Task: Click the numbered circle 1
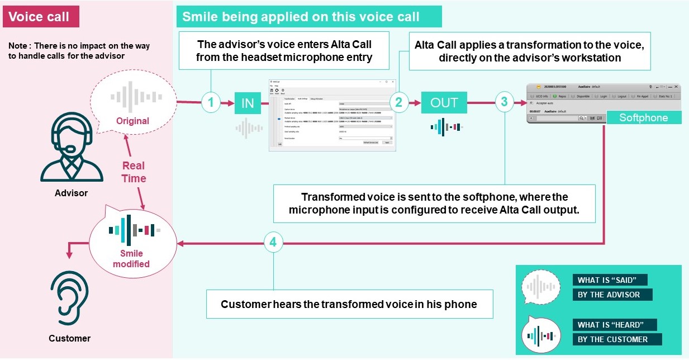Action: tap(211, 103)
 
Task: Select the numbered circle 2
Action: tap(398, 103)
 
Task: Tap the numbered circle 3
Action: tap(505, 103)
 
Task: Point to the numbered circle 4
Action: tap(273, 243)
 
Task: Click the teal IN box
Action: tap(248, 103)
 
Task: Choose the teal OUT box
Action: tap(444, 103)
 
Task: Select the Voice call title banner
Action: tap(41, 17)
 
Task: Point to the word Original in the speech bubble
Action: tap(132, 121)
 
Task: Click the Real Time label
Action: tap(134, 172)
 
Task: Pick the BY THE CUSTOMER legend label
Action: tap(616, 339)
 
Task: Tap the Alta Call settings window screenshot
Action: tap(332, 115)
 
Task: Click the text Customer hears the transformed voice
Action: tap(349, 304)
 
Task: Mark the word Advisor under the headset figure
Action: tap(71, 193)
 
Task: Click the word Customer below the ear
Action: tap(69, 338)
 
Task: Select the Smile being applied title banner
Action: tap(309, 17)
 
